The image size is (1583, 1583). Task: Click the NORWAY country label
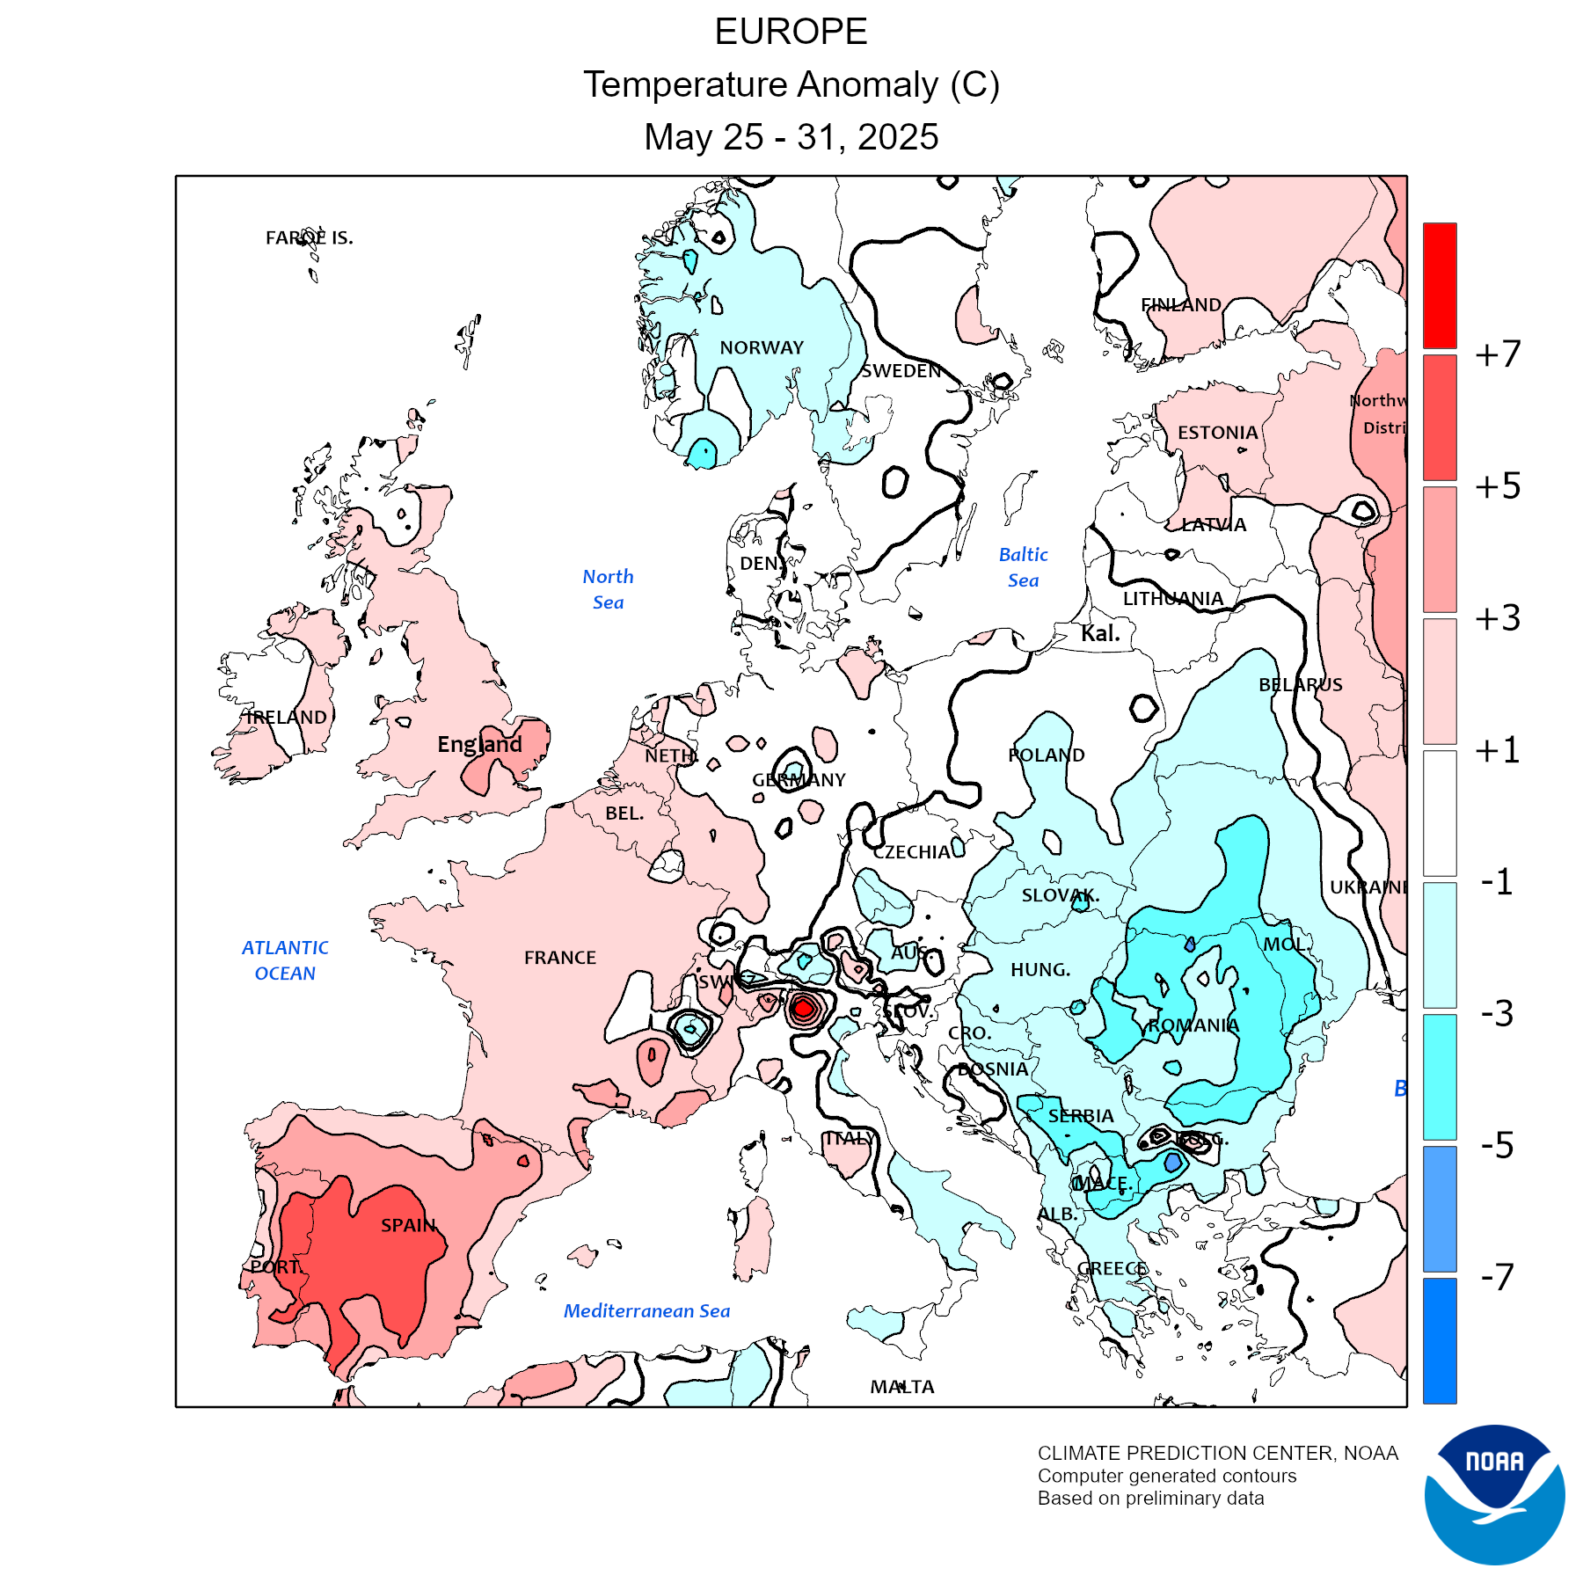[x=762, y=348]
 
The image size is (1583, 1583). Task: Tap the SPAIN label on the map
[x=408, y=1225]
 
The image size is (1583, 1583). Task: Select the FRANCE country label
[x=560, y=958]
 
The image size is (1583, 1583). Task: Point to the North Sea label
[x=608, y=589]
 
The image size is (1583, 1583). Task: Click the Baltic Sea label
[x=1024, y=567]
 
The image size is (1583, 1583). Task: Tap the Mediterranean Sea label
[x=646, y=1311]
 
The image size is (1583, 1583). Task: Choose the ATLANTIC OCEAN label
[x=285, y=960]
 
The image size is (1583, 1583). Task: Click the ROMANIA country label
[x=1193, y=1025]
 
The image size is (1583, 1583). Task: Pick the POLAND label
[x=1047, y=755]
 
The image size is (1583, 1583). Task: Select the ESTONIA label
[x=1218, y=433]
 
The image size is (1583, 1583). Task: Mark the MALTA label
[x=902, y=1387]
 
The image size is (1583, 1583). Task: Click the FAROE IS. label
[x=310, y=237]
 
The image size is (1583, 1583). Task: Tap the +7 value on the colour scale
[x=1498, y=354]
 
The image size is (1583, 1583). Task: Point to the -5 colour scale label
[x=1498, y=1145]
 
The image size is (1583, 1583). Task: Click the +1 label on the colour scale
[x=1498, y=750]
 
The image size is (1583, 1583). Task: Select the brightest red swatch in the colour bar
[x=1440, y=286]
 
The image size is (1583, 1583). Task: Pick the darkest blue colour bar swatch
[x=1440, y=1340]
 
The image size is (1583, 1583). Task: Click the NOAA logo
[x=1494, y=1494]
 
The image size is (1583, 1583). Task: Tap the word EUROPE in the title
[x=791, y=32]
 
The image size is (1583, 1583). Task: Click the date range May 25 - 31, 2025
[x=791, y=137]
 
